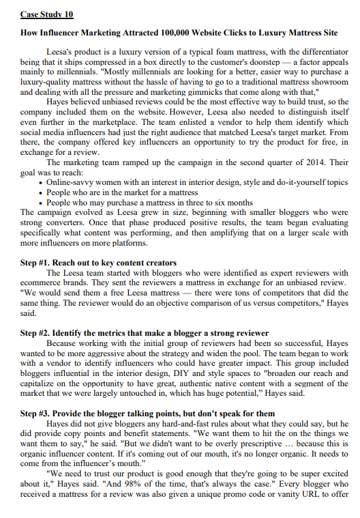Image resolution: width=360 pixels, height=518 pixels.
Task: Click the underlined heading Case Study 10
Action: coord(47,14)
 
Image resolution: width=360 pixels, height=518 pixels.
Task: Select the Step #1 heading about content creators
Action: coord(98,263)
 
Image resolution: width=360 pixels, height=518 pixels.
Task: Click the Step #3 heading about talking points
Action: coord(147,414)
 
